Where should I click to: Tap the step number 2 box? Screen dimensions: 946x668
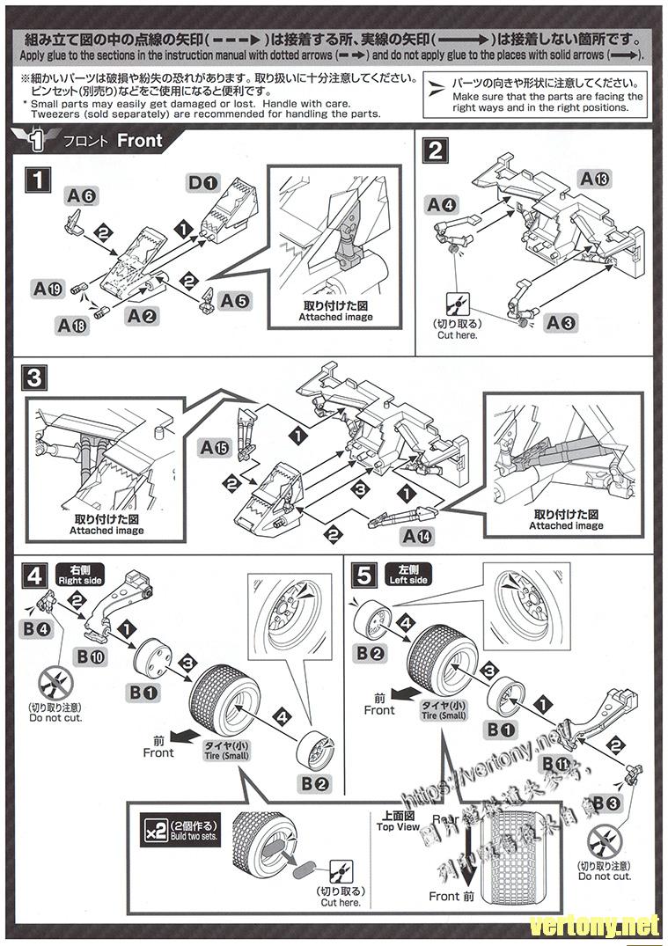point(435,150)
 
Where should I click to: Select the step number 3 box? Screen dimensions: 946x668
point(36,378)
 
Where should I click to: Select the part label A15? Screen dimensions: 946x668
point(214,449)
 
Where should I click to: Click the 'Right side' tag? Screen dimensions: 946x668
point(80,576)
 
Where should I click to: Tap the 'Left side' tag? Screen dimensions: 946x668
point(407,576)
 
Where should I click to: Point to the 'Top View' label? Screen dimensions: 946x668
point(398,821)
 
